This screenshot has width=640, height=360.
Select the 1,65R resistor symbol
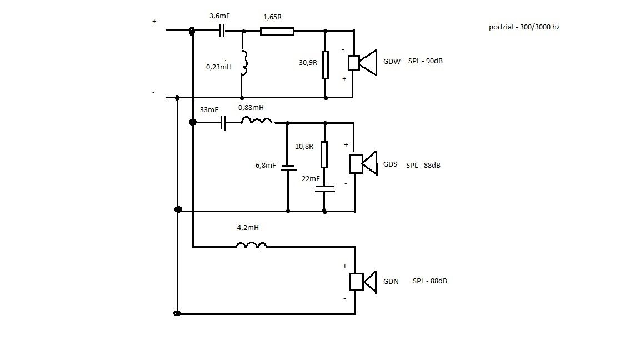coord(277,31)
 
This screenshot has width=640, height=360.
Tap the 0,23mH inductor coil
coord(243,63)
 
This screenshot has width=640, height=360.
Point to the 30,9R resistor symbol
coord(325,65)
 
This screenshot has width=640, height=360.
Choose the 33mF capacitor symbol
coord(224,123)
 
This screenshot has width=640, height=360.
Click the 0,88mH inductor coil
coord(257,121)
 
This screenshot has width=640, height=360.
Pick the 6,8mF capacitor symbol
coord(288,168)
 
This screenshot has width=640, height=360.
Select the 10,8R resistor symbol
coord(324,155)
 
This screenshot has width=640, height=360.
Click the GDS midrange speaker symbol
coord(363,163)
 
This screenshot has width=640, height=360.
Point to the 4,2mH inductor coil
coord(251,245)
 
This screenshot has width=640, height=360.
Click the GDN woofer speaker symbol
coord(363,282)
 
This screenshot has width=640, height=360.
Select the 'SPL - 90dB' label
coord(424,61)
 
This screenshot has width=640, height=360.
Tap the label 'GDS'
coord(391,165)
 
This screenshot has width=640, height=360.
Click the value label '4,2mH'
coord(248,227)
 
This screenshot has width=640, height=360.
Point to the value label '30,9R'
coord(308,63)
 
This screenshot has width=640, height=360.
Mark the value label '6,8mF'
coord(264,165)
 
